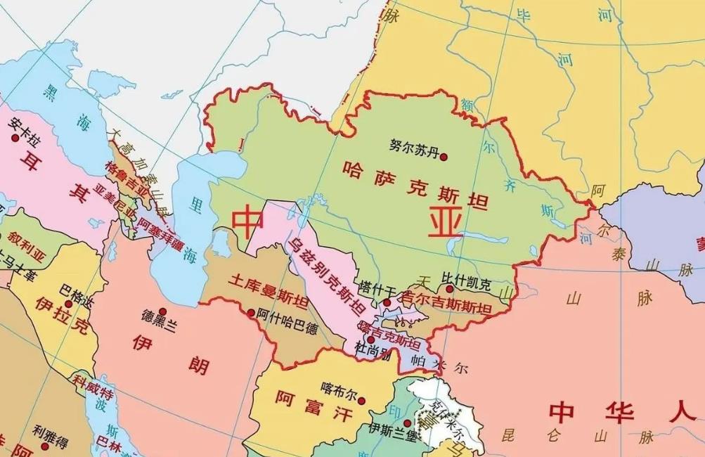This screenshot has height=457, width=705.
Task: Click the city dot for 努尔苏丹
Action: tap(444, 157)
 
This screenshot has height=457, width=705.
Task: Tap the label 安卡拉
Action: tap(25, 127)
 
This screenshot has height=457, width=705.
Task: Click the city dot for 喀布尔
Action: tap(361, 401)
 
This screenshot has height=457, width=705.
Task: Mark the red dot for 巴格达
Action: tap(69, 304)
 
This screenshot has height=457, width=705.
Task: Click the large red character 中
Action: tap(249, 221)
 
